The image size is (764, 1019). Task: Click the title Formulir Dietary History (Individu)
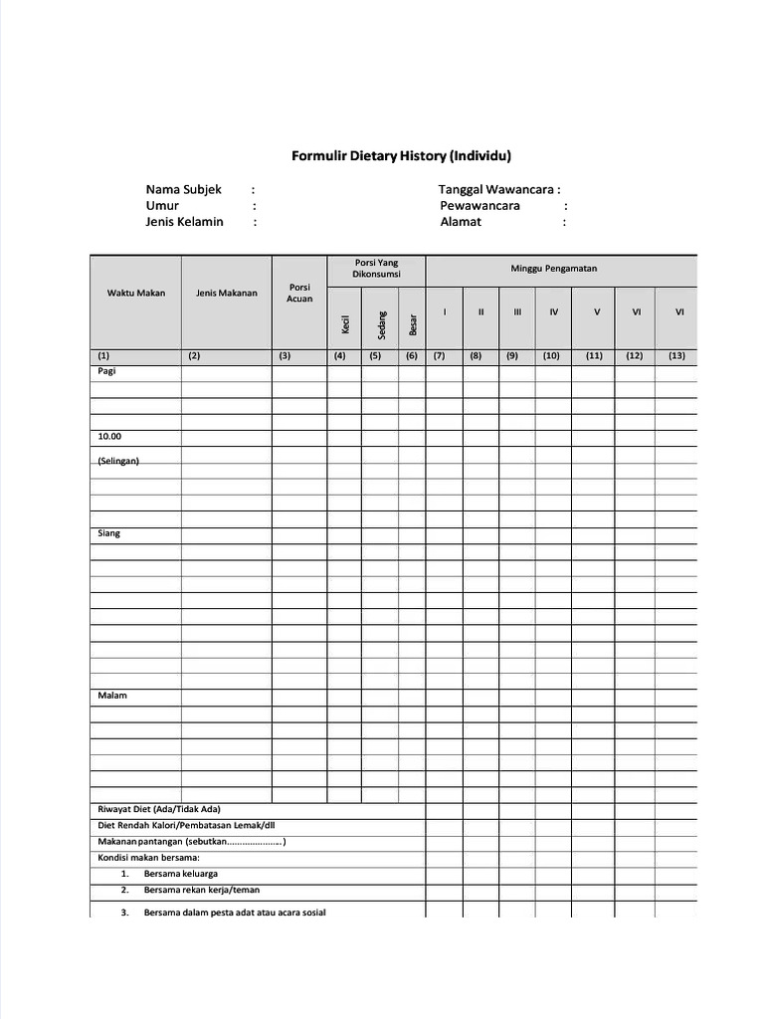401,156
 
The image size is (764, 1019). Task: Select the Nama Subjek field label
184,189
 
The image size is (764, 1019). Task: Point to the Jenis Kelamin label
184,222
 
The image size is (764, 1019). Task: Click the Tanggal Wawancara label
499,189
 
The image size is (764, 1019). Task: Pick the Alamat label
461,222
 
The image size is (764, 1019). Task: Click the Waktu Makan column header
136,293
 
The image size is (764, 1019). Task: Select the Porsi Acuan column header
299,293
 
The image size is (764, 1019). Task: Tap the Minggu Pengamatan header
561,269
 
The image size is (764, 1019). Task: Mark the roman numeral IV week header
553,311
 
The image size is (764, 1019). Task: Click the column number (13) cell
677,355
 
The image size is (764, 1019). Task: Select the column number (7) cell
438,355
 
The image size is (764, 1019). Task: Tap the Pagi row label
106,370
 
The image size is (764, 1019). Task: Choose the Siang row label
108,533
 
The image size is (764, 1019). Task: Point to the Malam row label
111,696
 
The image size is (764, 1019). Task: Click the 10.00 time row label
109,436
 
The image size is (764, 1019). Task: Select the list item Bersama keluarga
180,874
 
